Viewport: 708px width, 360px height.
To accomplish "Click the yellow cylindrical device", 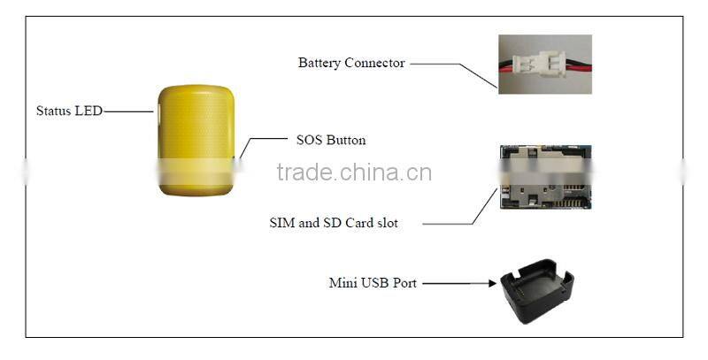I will click(196, 141).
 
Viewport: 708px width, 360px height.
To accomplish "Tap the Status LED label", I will click(69, 111).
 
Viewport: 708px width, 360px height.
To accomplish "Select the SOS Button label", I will click(330, 141).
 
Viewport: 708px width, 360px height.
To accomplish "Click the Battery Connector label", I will click(351, 64).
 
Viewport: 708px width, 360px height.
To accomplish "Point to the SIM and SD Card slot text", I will click(334, 224).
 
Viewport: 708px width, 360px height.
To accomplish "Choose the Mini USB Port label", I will click(373, 284).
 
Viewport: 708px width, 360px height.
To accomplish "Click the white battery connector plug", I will click(542, 65).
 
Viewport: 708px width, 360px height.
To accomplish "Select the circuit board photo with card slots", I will click(545, 178).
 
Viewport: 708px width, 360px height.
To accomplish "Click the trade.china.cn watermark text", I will click(354, 172).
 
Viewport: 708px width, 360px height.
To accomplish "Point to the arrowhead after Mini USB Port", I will click(490, 284).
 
